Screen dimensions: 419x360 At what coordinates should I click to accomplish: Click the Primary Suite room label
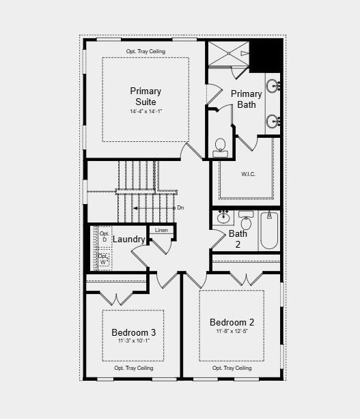tap(146, 96)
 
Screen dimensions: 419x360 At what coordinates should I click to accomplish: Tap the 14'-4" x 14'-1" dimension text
tap(146, 111)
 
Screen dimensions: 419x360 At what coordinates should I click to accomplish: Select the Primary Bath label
tap(246, 99)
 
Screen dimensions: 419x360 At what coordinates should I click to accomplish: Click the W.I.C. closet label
tap(248, 174)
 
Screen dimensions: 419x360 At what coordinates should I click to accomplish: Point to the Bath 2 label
tap(238, 239)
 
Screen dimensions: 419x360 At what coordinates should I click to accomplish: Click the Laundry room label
tap(128, 240)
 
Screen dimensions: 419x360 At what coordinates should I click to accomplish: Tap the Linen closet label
tap(161, 230)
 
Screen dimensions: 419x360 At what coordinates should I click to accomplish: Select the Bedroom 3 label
tap(133, 332)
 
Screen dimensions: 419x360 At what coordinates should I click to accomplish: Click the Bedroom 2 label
tap(232, 322)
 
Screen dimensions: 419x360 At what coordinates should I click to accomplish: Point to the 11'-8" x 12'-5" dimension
tap(232, 332)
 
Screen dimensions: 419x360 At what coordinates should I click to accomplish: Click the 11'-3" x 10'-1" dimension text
tap(133, 341)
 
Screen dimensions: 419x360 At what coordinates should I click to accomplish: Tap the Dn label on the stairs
tap(180, 207)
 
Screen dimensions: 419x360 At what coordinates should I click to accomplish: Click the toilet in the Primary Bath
tap(220, 146)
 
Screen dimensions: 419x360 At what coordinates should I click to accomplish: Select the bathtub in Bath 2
tap(269, 230)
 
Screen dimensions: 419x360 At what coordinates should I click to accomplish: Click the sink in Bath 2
tap(223, 219)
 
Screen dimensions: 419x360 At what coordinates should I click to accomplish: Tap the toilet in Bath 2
tap(246, 222)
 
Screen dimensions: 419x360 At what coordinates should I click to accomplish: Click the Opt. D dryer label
tap(105, 237)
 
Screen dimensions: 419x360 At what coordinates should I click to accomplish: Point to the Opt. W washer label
tap(104, 259)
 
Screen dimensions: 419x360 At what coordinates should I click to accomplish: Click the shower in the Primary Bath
tap(229, 53)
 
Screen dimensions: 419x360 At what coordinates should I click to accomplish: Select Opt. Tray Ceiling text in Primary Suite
tap(146, 52)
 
